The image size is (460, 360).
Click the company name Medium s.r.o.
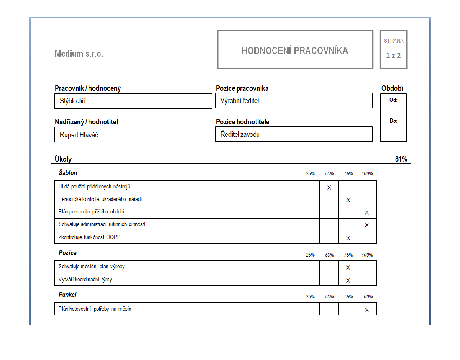(x=79, y=54)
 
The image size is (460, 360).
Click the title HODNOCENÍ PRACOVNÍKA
(x=295, y=51)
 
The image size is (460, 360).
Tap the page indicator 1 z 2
(x=393, y=55)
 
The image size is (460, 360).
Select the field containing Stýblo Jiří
(x=133, y=101)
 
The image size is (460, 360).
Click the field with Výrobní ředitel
(x=294, y=100)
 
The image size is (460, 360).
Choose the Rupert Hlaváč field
(x=133, y=135)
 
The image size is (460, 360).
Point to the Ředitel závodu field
(x=294, y=134)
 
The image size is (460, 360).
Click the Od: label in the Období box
(x=393, y=100)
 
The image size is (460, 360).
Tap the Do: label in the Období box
(x=393, y=121)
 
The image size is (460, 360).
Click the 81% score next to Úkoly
(x=401, y=159)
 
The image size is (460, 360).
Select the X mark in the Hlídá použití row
(x=329, y=188)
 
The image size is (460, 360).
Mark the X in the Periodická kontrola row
(x=348, y=200)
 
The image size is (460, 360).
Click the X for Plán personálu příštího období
(x=367, y=213)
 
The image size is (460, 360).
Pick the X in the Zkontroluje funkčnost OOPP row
(x=348, y=238)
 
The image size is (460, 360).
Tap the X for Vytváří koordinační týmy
(x=348, y=280)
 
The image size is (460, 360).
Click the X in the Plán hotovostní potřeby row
(x=367, y=310)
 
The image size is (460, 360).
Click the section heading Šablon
(x=68, y=173)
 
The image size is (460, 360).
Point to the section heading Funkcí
(x=67, y=295)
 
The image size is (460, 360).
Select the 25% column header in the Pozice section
(x=310, y=255)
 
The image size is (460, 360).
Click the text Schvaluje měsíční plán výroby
(x=92, y=267)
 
